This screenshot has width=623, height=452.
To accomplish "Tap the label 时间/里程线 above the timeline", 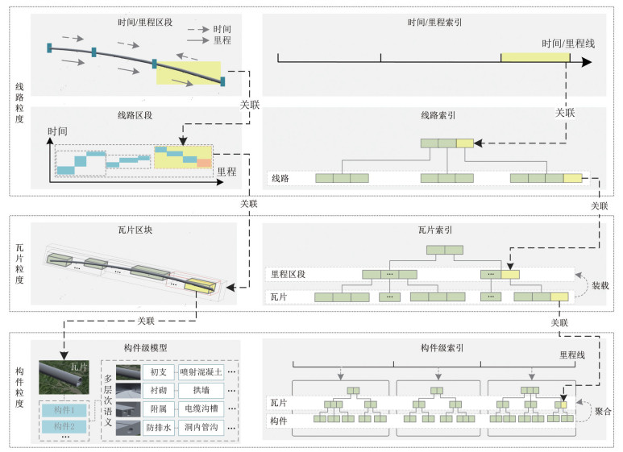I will click(x=568, y=43).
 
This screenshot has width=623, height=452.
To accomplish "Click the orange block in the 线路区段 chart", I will click(x=205, y=163).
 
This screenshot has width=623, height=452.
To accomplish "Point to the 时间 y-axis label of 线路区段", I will click(x=58, y=131).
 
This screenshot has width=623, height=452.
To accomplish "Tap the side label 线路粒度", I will click(x=19, y=102).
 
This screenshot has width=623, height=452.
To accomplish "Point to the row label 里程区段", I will click(x=288, y=274).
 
